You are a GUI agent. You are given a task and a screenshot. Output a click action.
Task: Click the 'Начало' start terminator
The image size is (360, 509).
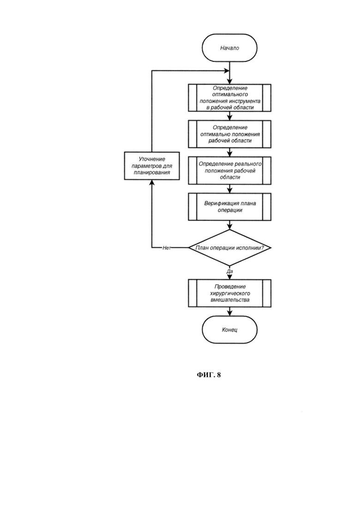click(x=229, y=48)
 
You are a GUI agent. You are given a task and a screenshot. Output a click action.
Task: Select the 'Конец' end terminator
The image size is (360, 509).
click(x=229, y=329)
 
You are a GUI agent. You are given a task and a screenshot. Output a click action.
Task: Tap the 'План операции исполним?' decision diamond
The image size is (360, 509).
click(x=229, y=248)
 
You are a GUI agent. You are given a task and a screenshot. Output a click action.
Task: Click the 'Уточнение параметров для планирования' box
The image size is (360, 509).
click(x=152, y=166)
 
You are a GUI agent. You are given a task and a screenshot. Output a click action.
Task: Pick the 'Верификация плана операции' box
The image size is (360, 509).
click(x=229, y=207)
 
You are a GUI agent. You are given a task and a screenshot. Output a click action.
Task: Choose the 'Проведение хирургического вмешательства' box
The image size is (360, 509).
click(x=229, y=293)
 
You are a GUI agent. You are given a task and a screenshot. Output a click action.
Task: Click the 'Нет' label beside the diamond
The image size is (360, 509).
click(x=167, y=248)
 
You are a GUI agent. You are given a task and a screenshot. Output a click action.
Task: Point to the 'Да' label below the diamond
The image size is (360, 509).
click(x=230, y=271)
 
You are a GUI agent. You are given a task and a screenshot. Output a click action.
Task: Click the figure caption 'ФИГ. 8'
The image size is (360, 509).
click(x=209, y=375)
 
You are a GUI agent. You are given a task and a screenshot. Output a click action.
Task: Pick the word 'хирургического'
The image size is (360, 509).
click(x=230, y=293)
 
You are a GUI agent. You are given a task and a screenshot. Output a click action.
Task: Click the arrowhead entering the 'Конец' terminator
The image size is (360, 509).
click(x=230, y=313)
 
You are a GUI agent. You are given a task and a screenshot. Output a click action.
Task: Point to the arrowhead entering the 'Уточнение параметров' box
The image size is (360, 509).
click(x=152, y=182)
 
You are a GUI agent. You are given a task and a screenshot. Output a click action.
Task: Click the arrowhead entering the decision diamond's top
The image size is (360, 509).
click(x=230, y=227)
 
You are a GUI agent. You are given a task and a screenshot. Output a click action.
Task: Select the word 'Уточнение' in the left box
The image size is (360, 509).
click(x=152, y=159)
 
